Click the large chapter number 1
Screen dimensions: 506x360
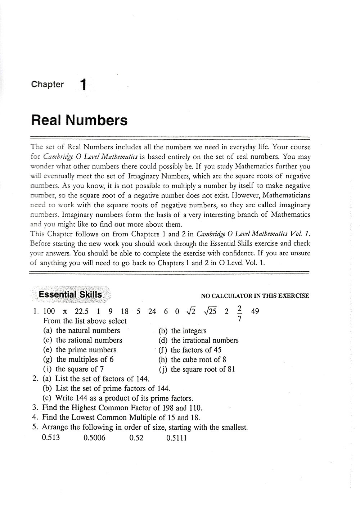click(x=83, y=85)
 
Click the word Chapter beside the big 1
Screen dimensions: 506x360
click(x=48, y=85)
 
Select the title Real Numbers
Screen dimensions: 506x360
click(x=80, y=120)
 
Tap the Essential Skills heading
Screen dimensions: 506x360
click(x=70, y=295)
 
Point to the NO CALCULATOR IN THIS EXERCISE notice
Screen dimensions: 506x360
click(x=255, y=296)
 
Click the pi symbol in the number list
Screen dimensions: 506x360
click(x=65, y=312)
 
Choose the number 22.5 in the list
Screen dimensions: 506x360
click(x=82, y=311)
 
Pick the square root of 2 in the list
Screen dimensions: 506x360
click(x=190, y=311)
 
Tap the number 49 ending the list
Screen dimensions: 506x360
click(x=255, y=311)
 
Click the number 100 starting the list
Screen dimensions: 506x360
click(x=49, y=311)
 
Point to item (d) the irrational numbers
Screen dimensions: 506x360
click(x=199, y=340)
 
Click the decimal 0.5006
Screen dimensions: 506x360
click(x=94, y=438)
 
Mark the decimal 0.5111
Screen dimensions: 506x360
click(x=177, y=438)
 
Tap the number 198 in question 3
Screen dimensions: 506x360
click(x=168, y=408)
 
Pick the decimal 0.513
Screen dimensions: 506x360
click(x=51, y=438)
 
